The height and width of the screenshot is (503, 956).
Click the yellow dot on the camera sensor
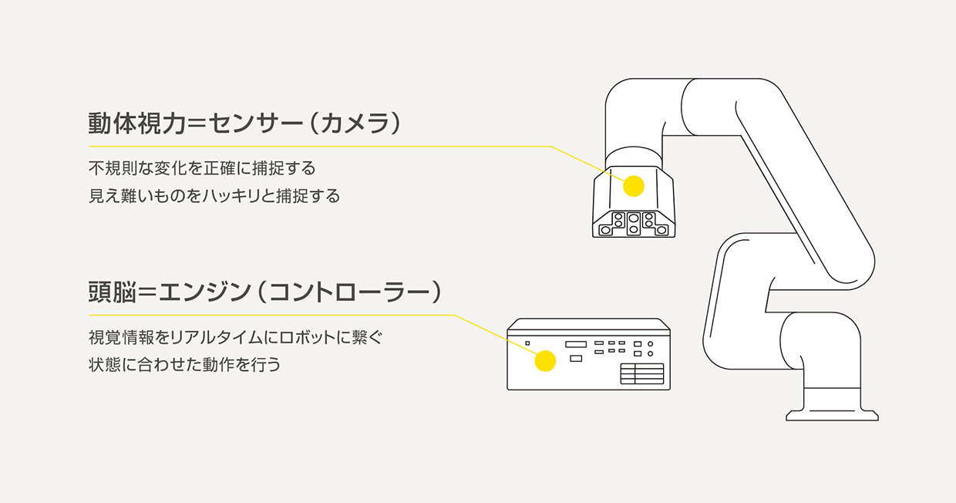tap(633, 185)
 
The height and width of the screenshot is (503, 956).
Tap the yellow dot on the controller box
tap(545, 361)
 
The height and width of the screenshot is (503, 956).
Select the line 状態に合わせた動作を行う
tap(184, 364)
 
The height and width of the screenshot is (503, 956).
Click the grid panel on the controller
tap(641, 373)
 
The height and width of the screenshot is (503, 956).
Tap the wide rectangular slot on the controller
tap(577, 344)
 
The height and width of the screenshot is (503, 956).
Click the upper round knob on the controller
tap(651, 343)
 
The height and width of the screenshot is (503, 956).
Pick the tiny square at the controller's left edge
tap(527, 343)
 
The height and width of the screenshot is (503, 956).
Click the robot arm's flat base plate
tap(832, 415)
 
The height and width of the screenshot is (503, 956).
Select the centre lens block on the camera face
tap(633, 223)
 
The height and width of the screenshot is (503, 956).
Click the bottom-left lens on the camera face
tap(607, 230)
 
